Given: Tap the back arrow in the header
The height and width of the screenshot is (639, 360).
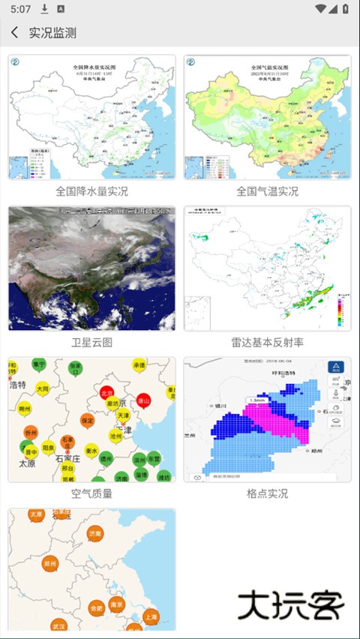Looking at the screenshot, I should pos(14,33).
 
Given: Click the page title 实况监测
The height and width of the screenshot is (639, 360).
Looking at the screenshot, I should pos(52,33).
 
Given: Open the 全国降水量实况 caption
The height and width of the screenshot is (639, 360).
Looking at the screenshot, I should pos(91,191).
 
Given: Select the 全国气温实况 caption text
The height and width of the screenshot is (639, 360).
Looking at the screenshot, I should pos(267,191).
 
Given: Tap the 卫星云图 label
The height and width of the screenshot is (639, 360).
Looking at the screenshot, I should pos(91,343).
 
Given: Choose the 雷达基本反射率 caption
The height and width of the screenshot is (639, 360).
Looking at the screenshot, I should pos(267,343).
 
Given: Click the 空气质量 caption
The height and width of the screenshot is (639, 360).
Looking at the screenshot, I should pos(91,493).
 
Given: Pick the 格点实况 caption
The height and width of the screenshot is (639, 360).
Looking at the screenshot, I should pos(267,493).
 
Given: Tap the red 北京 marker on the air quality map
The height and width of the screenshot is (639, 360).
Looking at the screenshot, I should pos(106,393).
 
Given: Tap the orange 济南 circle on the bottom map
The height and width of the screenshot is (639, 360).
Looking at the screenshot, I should pos(94,534).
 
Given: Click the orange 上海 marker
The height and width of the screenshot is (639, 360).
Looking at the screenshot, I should pos(151,616).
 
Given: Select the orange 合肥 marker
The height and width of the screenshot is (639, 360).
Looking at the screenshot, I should pos(95,607).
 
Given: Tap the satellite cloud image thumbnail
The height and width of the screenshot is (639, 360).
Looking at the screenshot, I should pos(91,268).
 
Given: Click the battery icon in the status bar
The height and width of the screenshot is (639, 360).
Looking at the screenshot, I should pos(343,9).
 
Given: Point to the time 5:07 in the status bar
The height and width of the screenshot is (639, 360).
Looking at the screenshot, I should pos(21,9).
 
